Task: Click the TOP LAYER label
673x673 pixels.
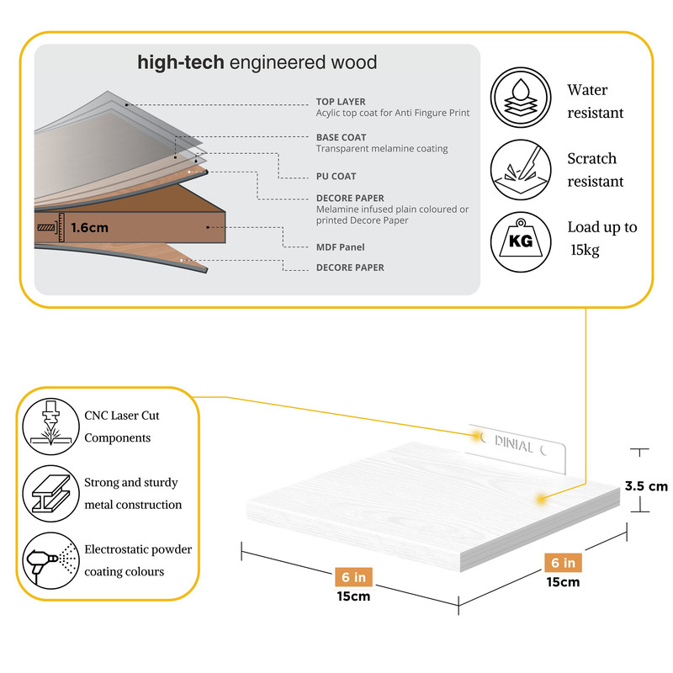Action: coord(341,102)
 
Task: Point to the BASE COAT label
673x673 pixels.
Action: coord(341,137)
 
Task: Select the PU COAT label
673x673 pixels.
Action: coord(336,177)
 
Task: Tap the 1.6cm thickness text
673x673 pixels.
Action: coord(89,227)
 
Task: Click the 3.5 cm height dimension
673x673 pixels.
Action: coord(646,486)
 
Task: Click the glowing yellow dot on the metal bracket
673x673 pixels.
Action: coord(479,437)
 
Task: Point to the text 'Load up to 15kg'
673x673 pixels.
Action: coord(601,238)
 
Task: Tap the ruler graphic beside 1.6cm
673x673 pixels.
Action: coord(50,227)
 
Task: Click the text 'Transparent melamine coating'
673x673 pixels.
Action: coord(382,149)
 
